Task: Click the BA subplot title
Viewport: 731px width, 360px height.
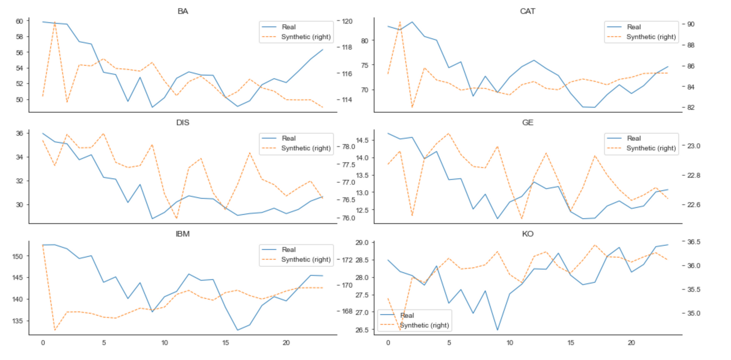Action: point(183,11)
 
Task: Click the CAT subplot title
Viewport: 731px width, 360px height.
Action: point(527,11)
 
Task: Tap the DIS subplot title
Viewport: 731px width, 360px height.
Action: point(183,122)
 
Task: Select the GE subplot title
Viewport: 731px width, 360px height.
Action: point(527,122)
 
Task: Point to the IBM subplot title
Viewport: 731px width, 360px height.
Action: point(183,234)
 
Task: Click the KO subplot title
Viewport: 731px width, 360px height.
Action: point(527,234)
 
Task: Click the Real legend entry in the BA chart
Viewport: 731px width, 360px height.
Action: point(288,27)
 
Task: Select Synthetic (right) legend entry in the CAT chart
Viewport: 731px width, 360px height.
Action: point(651,37)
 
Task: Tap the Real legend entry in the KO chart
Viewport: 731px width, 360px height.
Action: point(407,315)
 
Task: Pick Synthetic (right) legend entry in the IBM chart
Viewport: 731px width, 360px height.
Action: point(306,259)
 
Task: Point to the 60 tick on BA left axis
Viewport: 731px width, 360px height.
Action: point(19,21)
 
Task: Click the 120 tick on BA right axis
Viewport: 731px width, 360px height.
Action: point(347,21)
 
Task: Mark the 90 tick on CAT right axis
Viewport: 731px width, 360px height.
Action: point(691,24)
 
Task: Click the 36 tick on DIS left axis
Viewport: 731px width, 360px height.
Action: point(19,133)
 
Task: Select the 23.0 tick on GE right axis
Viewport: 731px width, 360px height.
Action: point(694,146)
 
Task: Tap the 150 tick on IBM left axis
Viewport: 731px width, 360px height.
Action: point(17,256)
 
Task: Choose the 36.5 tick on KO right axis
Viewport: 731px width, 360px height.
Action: point(694,242)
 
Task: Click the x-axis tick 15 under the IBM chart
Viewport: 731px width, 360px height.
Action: point(226,343)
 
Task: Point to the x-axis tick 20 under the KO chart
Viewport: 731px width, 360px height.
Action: point(631,343)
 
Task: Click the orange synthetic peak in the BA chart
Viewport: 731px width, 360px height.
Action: point(55,22)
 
